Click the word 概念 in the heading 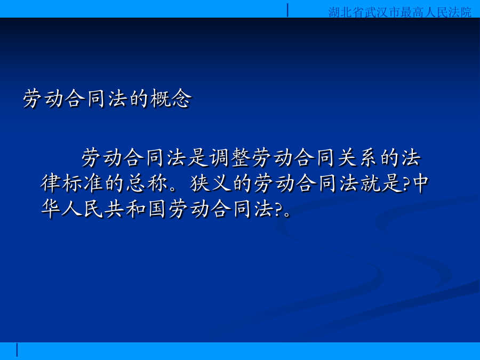coord(171,99)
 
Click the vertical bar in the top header coord(287,10)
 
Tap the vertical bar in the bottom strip coord(17,350)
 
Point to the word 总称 coord(146,183)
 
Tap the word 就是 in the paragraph coord(381,183)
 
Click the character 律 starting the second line coord(51,183)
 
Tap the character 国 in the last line coord(157,209)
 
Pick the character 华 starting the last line coord(51,209)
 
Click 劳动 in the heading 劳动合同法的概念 coord(44,99)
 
